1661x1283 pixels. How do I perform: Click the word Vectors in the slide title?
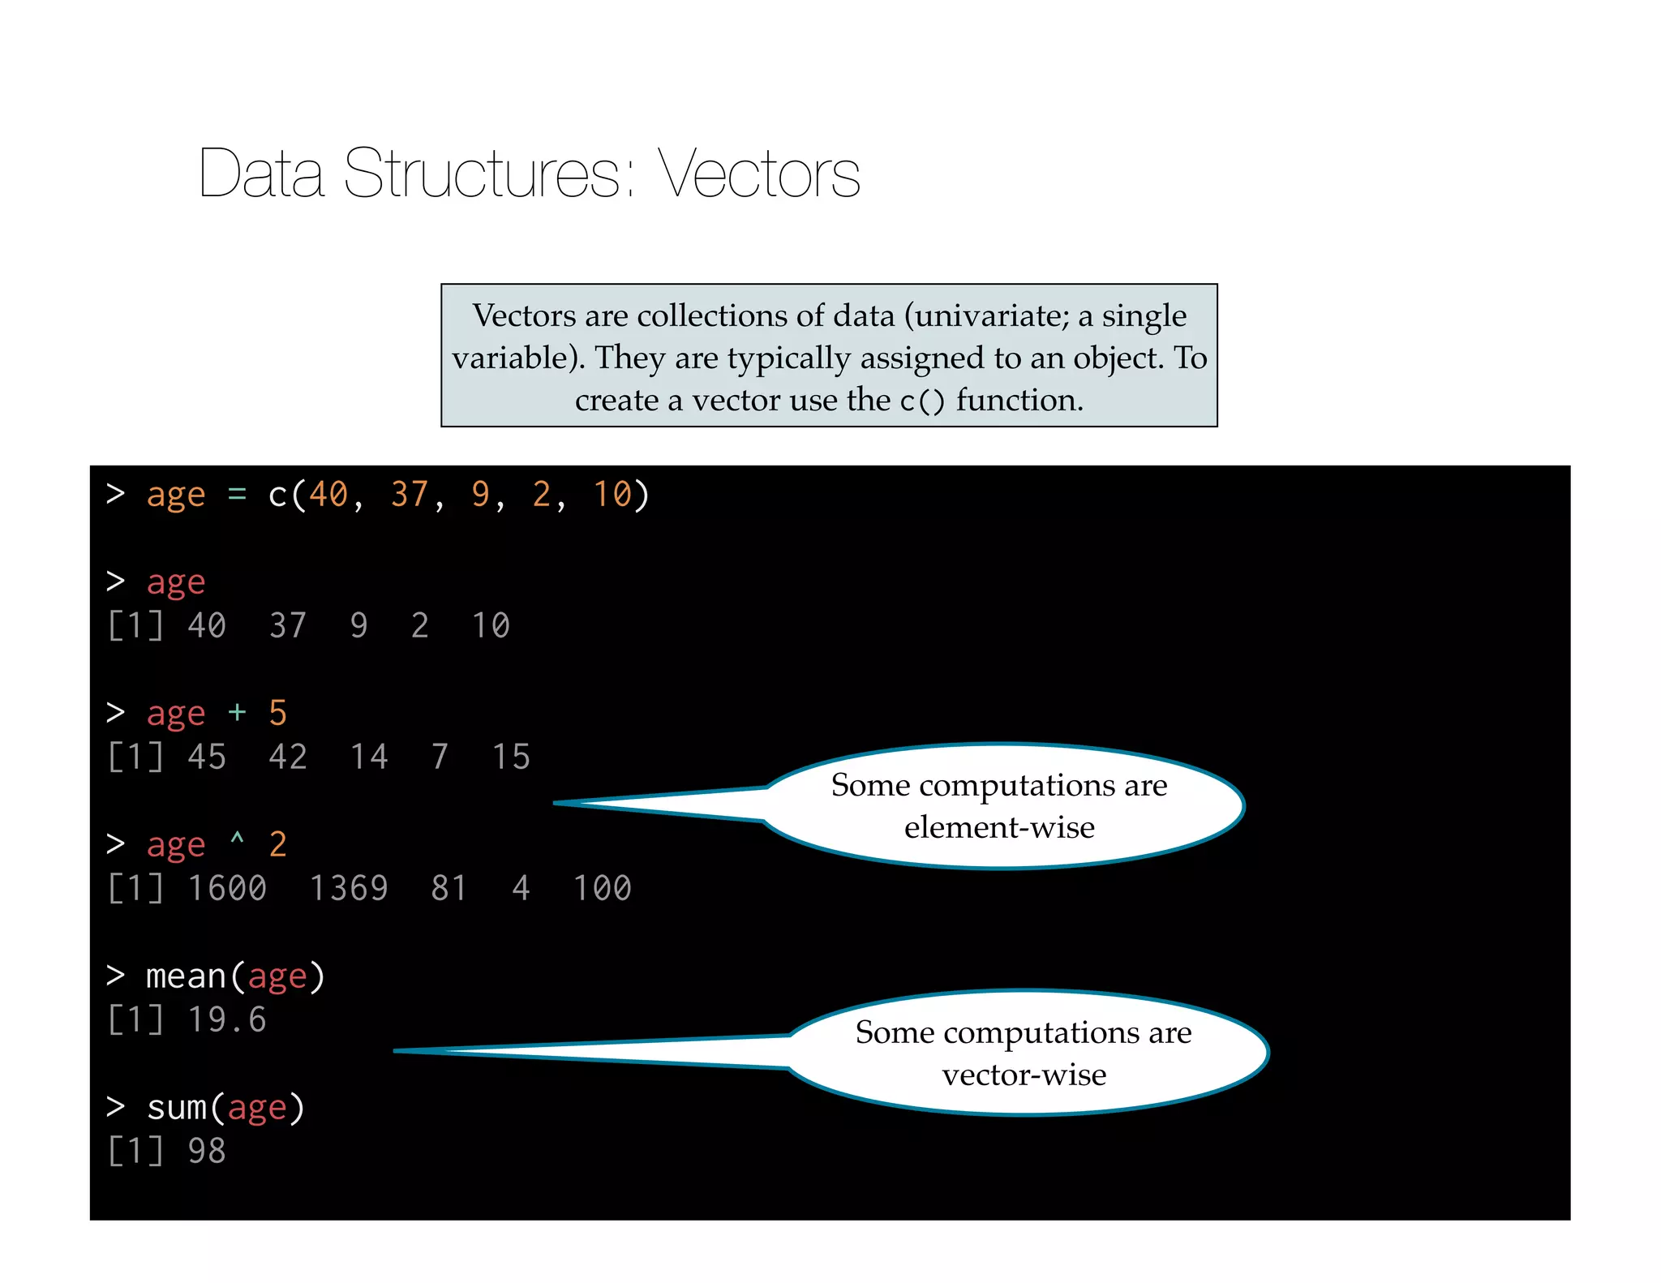coord(758,174)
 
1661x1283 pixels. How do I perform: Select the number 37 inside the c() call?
coord(410,495)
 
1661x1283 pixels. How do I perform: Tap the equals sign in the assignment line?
coord(237,494)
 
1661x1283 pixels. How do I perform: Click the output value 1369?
coord(349,888)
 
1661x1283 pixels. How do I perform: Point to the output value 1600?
coord(227,888)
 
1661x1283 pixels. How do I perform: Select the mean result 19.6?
coord(227,1019)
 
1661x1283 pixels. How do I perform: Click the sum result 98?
coord(207,1151)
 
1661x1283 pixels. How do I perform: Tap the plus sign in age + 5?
coord(237,713)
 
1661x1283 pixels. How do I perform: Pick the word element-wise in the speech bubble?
coord(999,827)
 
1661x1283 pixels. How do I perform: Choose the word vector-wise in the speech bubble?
coord(1024,1075)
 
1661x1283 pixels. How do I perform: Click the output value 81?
coord(449,888)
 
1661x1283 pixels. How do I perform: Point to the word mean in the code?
coord(186,976)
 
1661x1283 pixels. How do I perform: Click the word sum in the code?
coord(176,1108)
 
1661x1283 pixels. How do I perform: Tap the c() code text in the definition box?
coord(922,401)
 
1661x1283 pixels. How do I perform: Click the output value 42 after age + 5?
coord(288,757)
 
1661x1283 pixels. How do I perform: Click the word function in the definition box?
coord(1018,400)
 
